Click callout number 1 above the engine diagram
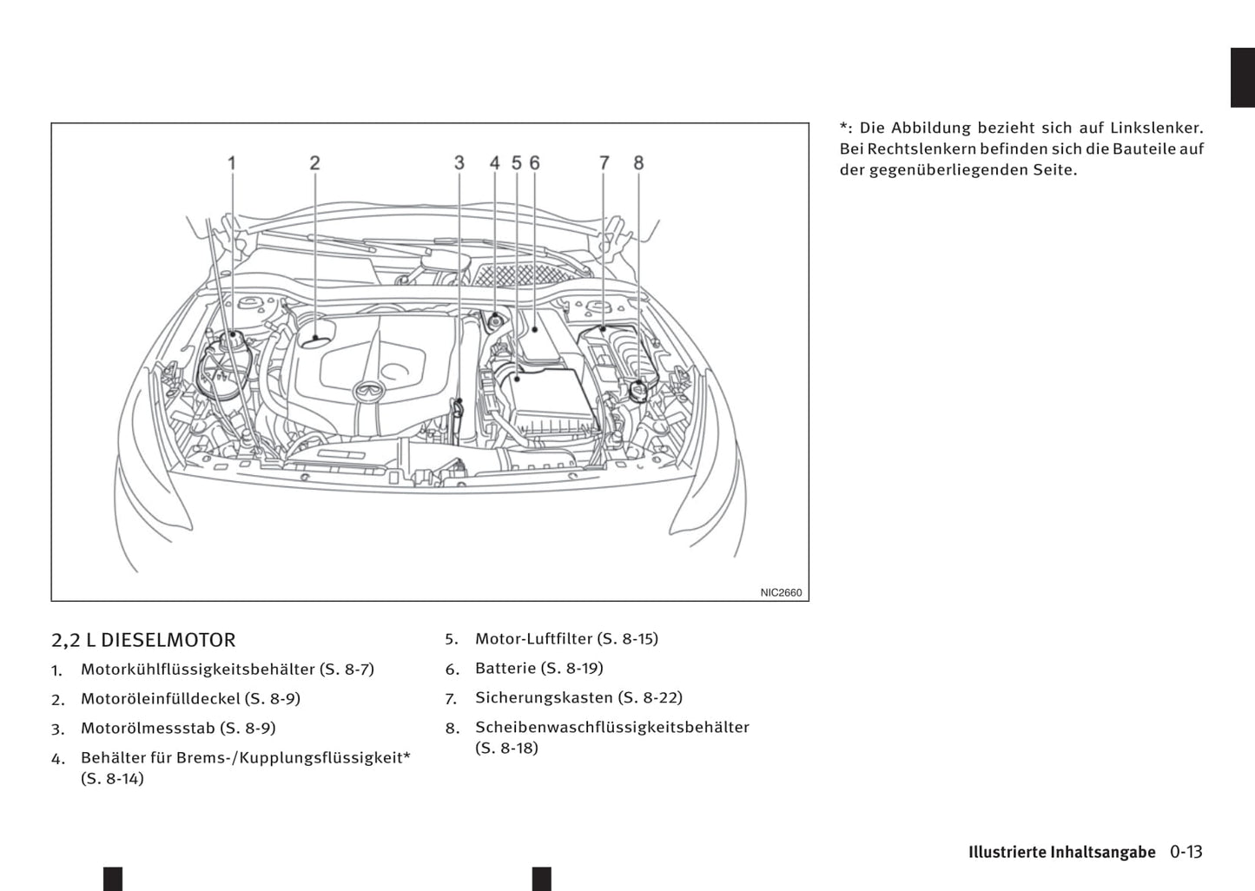coord(232,162)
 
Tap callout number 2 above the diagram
coord(314,162)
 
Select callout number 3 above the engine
coord(459,162)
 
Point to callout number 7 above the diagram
coord(604,162)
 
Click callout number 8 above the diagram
coord(638,162)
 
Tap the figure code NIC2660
coord(781,592)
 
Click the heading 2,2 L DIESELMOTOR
coord(143,640)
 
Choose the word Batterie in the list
coord(505,668)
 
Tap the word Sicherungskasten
coord(544,697)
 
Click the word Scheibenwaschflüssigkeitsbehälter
coord(611,727)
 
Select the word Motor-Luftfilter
coord(533,638)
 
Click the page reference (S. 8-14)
coord(112,778)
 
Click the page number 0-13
coord(1186,852)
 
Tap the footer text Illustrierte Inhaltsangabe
coord(1061,852)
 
